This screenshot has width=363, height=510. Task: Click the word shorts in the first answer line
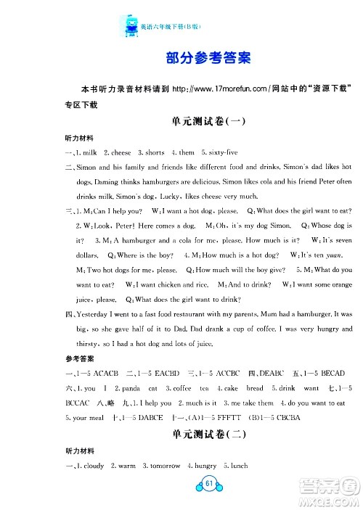pyautogui.click(x=154, y=153)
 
